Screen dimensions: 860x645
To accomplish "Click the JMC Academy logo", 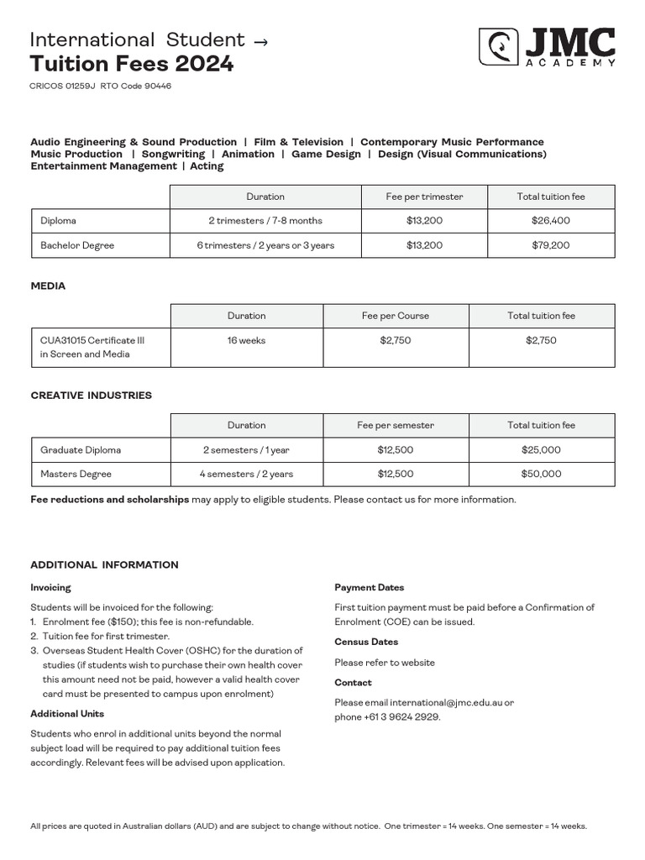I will click(x=547, y=46).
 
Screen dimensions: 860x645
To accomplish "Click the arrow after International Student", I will click(x=260, y=40).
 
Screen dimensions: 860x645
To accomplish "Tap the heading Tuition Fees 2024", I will click(x=132, y=64).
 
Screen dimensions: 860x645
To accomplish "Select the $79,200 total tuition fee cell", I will click(x=550, y=245).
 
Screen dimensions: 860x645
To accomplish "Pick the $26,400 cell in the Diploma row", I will click(x=550, y=220).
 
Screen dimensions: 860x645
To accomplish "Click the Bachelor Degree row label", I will click(x=77, y=245).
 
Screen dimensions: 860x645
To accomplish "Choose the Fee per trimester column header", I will click(x=424, y=197).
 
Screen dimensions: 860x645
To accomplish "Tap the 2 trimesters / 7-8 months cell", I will click(x=265, y=220).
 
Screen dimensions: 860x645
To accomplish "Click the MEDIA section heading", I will click(x=48, y=286).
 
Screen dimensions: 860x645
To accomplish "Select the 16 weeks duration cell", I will click(x=246, y=340).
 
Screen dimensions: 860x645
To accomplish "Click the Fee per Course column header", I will click(x=395, y=316).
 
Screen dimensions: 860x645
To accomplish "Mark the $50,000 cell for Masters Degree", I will click(x=541, y=474).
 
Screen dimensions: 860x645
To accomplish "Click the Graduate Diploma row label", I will click(x=81, y=449).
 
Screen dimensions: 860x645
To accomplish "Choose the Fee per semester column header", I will click(x=395, y=425).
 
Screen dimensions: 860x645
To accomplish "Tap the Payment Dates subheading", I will click(x=369, y=588).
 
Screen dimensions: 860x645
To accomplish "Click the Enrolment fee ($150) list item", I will click(x=147, y=621).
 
